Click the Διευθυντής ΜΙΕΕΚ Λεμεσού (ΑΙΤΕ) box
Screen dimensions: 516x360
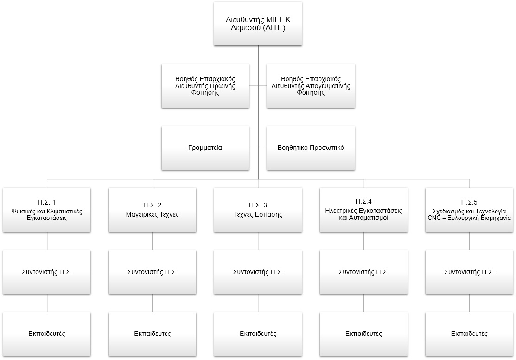click(258, 24)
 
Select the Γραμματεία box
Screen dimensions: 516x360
click(205, 148)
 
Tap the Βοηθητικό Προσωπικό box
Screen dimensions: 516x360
click(311, 148)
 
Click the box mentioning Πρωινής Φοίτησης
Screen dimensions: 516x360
click(205, 86)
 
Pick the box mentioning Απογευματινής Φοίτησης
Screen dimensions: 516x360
click(311, 86)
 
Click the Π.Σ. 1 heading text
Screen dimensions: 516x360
click(47, 202)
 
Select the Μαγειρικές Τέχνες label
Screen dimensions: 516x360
click(153, 215)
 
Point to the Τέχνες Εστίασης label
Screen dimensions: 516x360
click(258, 215)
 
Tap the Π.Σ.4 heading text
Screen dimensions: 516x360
click(363, 201)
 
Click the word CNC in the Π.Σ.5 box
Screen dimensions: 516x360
click(434, 218)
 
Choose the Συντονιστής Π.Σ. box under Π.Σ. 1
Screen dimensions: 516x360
click(47, 272)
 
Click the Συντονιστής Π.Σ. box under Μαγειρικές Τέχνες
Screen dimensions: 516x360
click(153, 272)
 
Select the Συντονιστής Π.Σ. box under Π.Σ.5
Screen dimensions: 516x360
click(469, 272)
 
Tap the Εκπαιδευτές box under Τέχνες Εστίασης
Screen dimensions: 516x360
click(258, 334)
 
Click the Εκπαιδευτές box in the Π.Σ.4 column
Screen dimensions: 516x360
click(363, 334)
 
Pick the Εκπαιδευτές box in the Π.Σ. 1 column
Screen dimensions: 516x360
click(47, 334)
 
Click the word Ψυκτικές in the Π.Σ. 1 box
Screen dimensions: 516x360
click(22, 212)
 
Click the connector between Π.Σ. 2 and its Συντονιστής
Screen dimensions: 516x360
click(153, 241)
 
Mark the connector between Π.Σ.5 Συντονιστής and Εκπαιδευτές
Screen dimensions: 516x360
click(469, 303)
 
